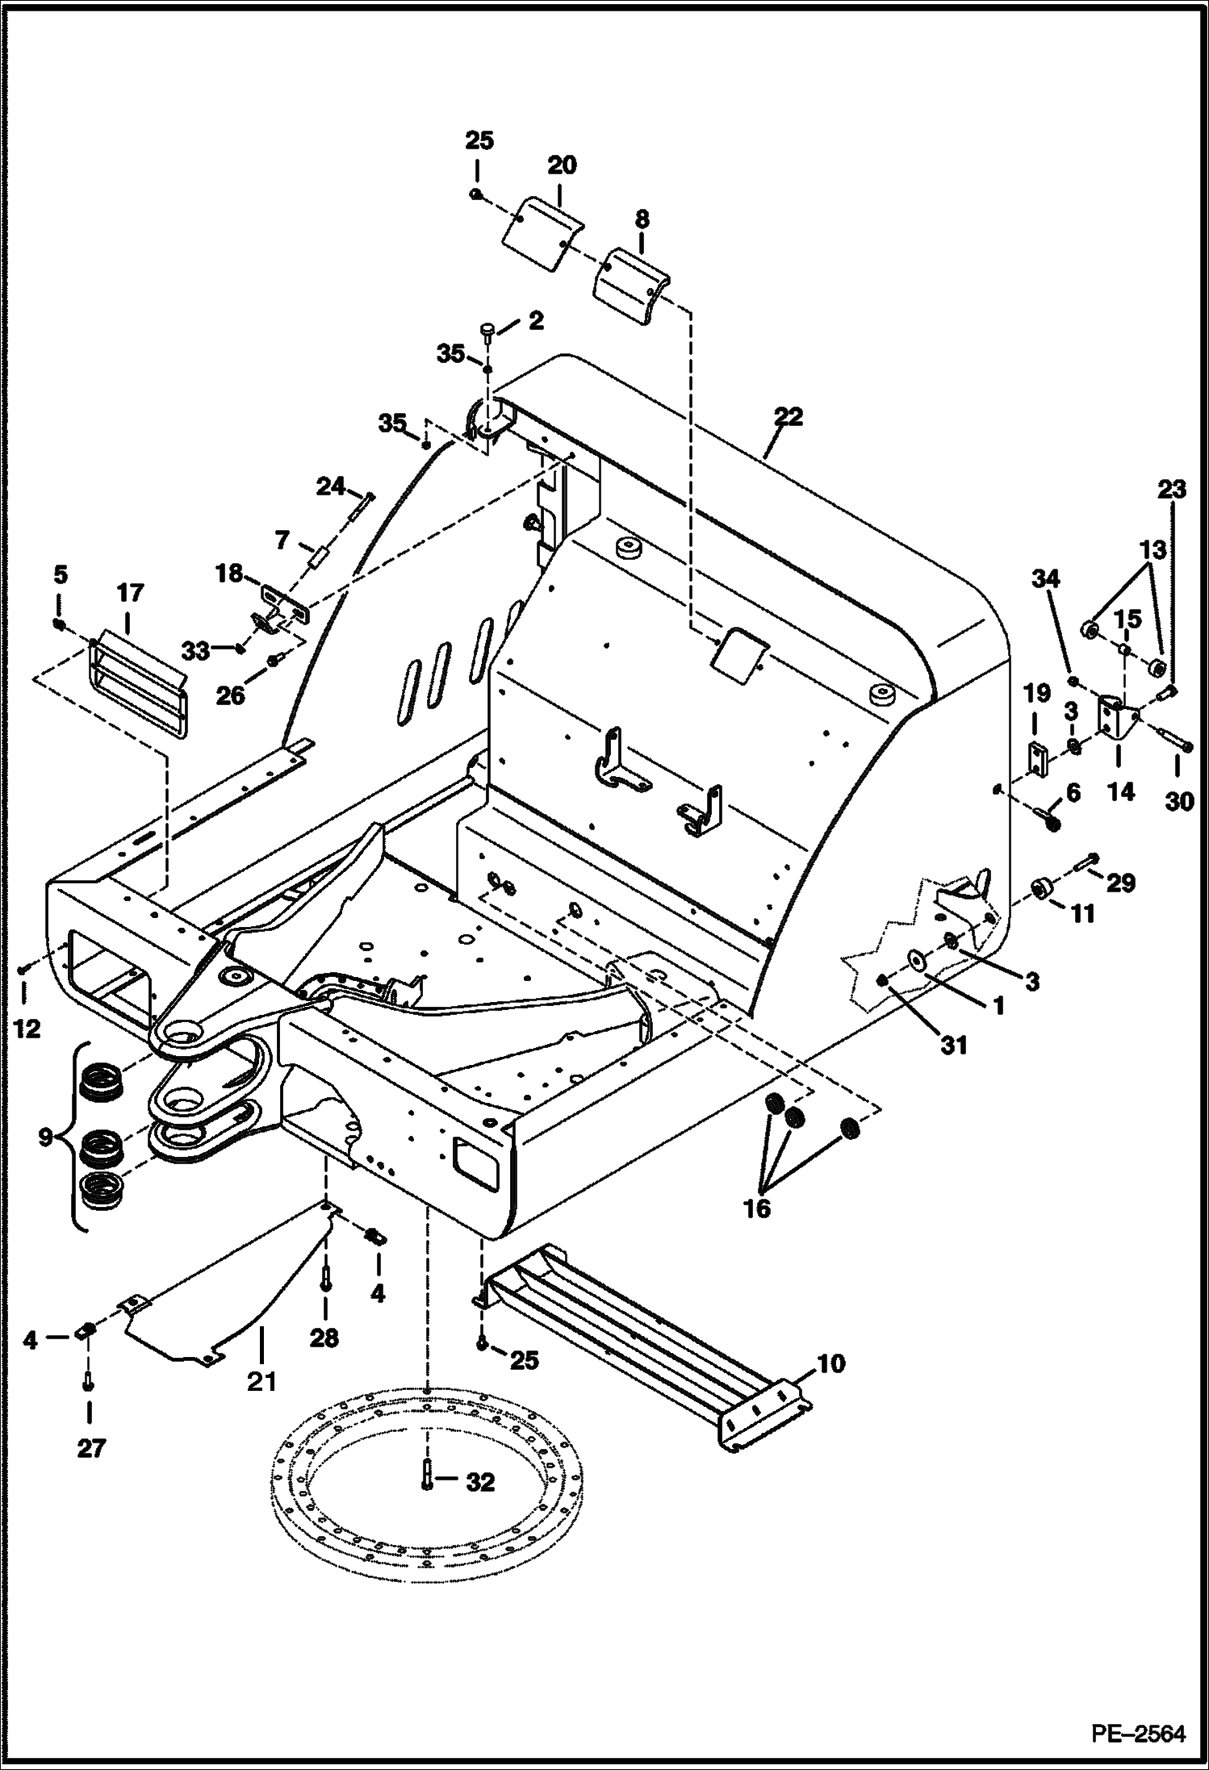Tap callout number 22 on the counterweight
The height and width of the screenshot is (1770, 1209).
pyautogui.click(x=788, y=417)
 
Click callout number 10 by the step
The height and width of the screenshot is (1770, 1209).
pyautogui.click(x=831, y=1364)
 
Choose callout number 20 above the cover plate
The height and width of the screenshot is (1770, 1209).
pyautogui.click(x=562, y=165)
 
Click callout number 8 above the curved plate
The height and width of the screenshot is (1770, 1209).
pyautogui.click(x=642, y=219)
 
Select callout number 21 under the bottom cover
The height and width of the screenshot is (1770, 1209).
pyautogui.click(x=261, y=1382)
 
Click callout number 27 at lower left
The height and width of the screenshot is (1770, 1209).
pyautogui.click(x=90, y=1448)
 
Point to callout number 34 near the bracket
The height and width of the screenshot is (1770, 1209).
pyautogui.click(x=1047, y=578)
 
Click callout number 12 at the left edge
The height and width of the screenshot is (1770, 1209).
pyautogui.click(x=27, y=1029)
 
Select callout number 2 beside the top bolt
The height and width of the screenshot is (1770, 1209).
pyautogui.click(x=535, y=320)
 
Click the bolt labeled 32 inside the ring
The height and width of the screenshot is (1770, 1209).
pyautogui.click(x=425, y=1477)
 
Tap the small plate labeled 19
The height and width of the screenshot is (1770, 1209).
pyautogui.click(x=1036, y=758)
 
